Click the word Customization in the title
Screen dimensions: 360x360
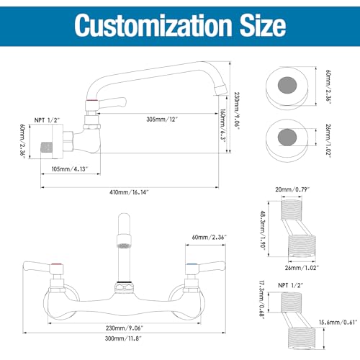[x=153, y=26]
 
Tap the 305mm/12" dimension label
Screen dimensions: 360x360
[x=162, y=119]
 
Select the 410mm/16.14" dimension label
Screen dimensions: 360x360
[x=129, y=192]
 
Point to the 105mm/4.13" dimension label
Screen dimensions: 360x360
[x=70, y=169]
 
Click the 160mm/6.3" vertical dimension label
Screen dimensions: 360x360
[x=223, y=125]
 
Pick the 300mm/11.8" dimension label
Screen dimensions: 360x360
[x=123, y=338]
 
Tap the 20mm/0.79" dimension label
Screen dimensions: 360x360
[x=292, y=189]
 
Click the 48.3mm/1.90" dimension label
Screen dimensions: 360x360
[x=263, y=230]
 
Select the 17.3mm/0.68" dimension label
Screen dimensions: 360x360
[x=262, y=300]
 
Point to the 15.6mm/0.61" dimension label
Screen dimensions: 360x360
[x=338, y=323]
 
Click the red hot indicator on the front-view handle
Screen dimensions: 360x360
[x=57, y=265]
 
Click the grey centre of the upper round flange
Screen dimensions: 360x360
[x=287, y=85]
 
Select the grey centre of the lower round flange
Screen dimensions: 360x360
[x=287, y=138]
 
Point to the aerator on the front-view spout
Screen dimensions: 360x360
[x=124, y=246]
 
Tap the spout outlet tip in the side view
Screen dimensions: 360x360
[x=221, y=90]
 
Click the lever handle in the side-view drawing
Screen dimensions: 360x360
[x=111, y=103]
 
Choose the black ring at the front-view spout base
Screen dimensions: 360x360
[x=124, y=282]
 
